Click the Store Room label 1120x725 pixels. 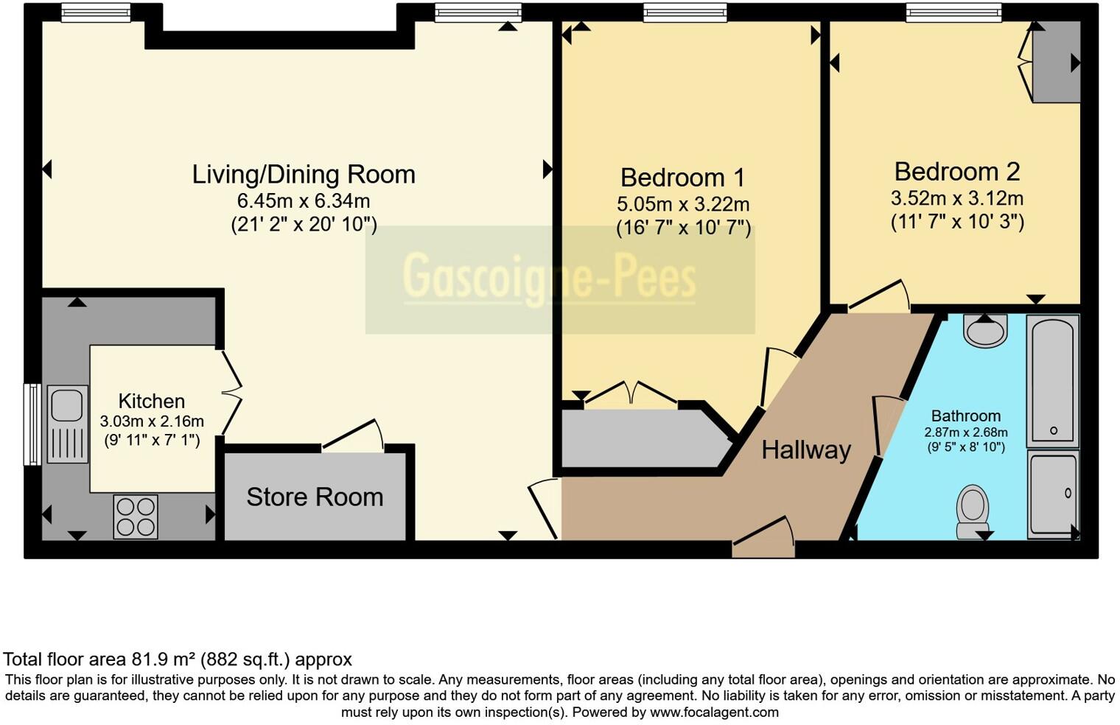[315, 497]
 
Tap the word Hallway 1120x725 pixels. [806, 450]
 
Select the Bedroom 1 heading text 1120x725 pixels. [682, 178]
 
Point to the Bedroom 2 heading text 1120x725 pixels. [957, 172]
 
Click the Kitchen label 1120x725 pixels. [152, 401]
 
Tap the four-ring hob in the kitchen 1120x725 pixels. [136, 516]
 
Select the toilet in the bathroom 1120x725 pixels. [972, 512]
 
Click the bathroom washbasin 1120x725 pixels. [985, 331]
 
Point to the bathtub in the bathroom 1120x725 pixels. [1052, 381]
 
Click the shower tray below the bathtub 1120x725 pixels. [1053, 494]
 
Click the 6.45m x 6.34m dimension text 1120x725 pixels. [304, 201]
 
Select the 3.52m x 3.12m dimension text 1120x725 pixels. [957, 198]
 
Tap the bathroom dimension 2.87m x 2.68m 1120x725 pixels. [966, 432]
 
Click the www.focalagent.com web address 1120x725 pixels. [714, 712]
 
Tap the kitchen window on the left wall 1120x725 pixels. [33, 424]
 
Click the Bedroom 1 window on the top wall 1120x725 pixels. [685, 13]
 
